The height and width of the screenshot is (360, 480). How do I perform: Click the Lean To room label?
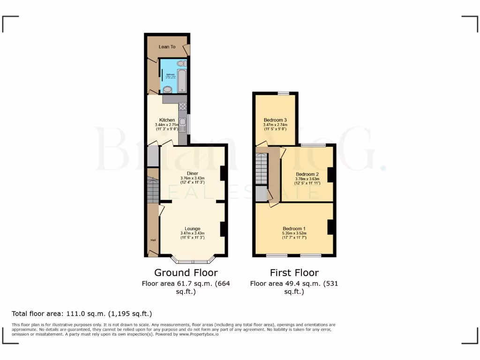(167, 47)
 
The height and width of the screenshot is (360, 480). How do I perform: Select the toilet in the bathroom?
(181, 63)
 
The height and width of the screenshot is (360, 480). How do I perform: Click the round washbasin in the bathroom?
(167, 90)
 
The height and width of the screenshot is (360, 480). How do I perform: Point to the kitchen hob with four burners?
(182, 106)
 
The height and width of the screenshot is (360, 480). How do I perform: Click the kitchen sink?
(182, 124)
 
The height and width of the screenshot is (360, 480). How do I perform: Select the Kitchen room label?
(167, 120)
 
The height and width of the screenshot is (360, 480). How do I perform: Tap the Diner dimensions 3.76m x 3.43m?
(193, 178)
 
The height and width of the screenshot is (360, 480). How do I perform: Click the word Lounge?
(193, 229)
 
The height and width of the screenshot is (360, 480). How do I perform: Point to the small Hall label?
(153, 240)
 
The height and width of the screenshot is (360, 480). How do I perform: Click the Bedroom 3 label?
(275, 120)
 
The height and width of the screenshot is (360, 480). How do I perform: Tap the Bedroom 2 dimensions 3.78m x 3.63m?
(307, 179)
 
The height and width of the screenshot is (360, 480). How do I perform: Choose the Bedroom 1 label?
(294, 229)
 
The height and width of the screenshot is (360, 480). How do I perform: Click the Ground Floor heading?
(186, 272)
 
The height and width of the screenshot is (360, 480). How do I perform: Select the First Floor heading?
(294, 272)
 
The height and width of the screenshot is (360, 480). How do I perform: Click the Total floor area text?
(82, 314)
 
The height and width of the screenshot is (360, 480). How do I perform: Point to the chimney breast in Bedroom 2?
(330, 174)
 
